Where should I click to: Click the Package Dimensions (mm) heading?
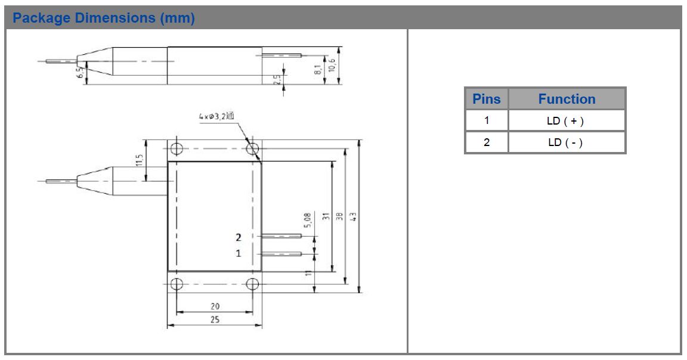pyautogui.click(x=104, y=18)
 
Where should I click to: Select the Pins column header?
pyautogui.click(x=486, y=99)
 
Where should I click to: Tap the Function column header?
pyautogui.click(x=567, y=99)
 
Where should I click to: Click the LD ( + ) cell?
pyautogui.click(x=565, y=121)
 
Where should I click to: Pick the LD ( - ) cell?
pyautogui.click(x=565, y=142)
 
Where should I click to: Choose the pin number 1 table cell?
pyautogui.click(x=486, y=121)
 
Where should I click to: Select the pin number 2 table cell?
pyautogui.click(x=486, y=142)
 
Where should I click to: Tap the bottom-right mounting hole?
pyautogui.click(x=253, y=283)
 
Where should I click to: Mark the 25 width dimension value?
pyautogui.click(x=215, y=319)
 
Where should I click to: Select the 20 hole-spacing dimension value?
pyautogui.click(x=215, y=306)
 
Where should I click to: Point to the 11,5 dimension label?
pyautogui.click(x=140, y=161)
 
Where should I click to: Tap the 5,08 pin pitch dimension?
pyautogui.click(x=307, y=221)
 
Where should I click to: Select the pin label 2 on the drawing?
pyautogui.click(x=239, y=237)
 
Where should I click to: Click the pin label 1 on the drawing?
pyautogui.click(x=239, y=253)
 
